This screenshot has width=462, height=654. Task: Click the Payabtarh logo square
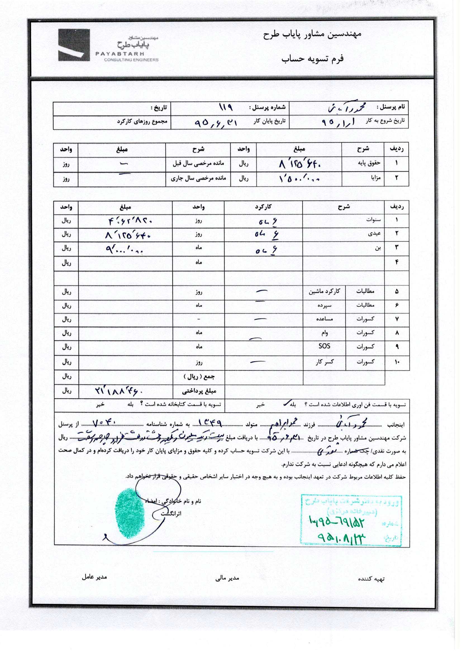74,45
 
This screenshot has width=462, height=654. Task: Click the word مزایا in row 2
375,178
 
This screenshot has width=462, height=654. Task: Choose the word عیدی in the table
374,234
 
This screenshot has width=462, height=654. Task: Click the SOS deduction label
324,346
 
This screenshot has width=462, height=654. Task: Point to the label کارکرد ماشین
324,291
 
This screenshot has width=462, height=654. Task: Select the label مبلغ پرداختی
199,391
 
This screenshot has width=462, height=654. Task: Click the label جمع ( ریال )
199,377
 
